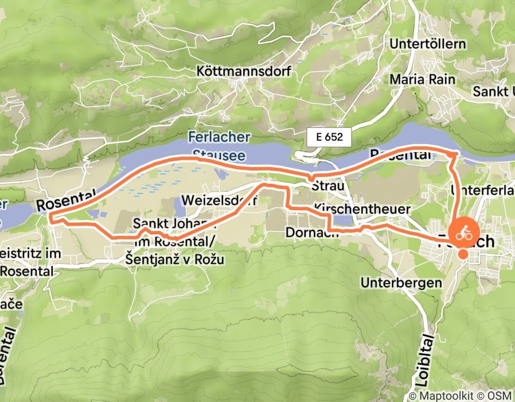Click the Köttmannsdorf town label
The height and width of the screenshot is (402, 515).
244,72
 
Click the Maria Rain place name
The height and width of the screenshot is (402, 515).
422,79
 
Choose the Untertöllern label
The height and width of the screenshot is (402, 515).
427,44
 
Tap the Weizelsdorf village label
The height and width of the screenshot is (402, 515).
219,200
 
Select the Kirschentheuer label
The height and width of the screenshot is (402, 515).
362,209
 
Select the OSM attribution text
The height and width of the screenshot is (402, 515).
501,396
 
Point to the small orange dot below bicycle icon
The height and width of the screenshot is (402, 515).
462,253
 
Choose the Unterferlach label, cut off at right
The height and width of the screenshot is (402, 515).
483,188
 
